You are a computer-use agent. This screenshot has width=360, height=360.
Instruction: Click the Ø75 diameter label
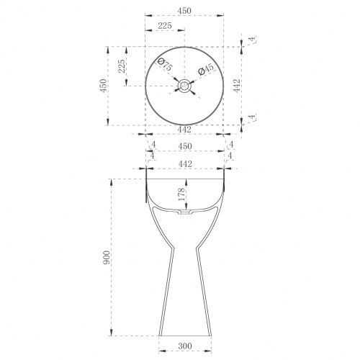(x=165, y=65)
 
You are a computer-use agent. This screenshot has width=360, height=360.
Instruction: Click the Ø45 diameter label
(x=206, y=69)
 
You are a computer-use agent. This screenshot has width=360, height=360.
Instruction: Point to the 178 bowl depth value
(x=181, y=194)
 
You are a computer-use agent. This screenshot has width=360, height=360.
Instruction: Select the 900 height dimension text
(x=107, y=257)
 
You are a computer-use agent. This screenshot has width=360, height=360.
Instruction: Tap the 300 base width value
(x=185, y=346)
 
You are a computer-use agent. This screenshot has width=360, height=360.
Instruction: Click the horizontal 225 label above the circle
(x=165, y=25)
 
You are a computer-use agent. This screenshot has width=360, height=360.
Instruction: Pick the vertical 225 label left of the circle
(x=122, y=66)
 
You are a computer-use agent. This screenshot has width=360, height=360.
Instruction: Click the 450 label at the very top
(x=184, y=11)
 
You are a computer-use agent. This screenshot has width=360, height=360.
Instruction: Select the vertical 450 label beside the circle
(x=104, y=86)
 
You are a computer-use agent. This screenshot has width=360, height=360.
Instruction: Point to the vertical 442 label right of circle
(x=237, y=86)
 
